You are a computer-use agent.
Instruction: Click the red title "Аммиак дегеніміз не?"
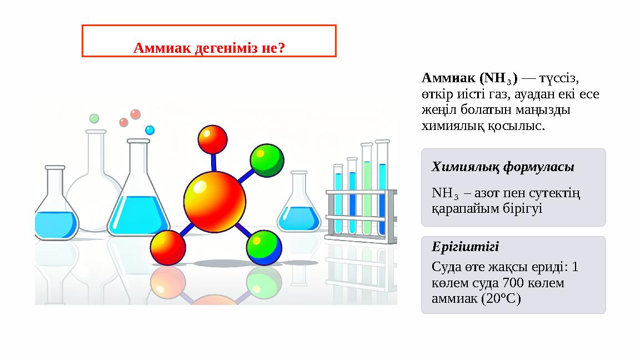(209, 48)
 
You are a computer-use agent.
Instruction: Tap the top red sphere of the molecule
(213, 139)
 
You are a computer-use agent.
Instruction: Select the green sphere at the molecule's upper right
(267, 160)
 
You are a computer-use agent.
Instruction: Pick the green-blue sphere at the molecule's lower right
(264, 248)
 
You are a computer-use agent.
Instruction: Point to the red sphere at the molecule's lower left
(168, 247)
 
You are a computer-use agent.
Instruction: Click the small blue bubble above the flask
(149, 130)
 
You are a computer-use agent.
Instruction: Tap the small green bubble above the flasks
(94, 118)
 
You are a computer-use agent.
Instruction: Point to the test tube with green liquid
(367, 192)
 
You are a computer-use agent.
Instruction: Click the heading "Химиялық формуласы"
(503, 167)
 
